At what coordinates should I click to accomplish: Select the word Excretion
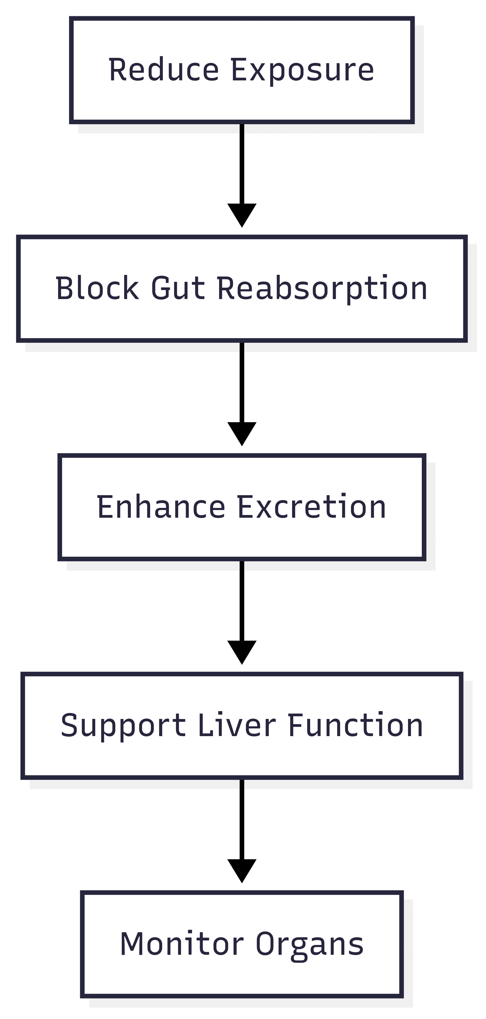[x=312, y=507]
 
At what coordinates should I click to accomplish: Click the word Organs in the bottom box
[x=310, y=946]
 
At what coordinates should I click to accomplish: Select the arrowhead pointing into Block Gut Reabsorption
[x=242, y=215]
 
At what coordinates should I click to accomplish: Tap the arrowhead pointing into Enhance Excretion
[x=242, y=434]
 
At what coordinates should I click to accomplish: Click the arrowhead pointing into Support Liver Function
[x=242, y=653]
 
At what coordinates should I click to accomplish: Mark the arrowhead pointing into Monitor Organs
[x=242, y=871]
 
